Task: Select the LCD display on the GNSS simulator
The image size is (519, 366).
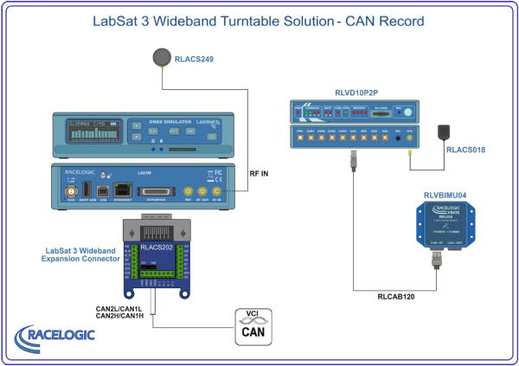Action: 92,133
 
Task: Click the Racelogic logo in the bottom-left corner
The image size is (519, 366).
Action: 53,337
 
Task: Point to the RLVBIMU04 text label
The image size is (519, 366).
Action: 448,195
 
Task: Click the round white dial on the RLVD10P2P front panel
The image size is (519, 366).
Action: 399,111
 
